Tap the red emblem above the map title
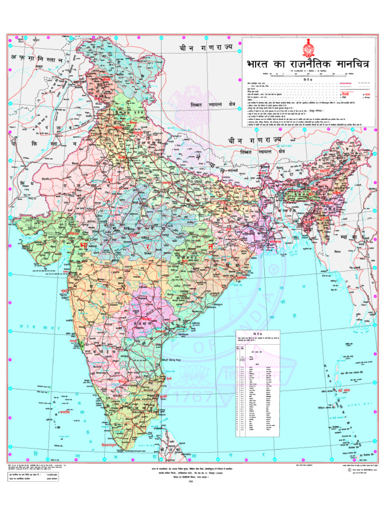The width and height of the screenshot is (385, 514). [x=307, y=49]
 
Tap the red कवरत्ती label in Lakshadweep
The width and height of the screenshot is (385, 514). [x=64, y=412]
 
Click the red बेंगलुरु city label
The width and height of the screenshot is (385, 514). [x=124, y=380]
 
